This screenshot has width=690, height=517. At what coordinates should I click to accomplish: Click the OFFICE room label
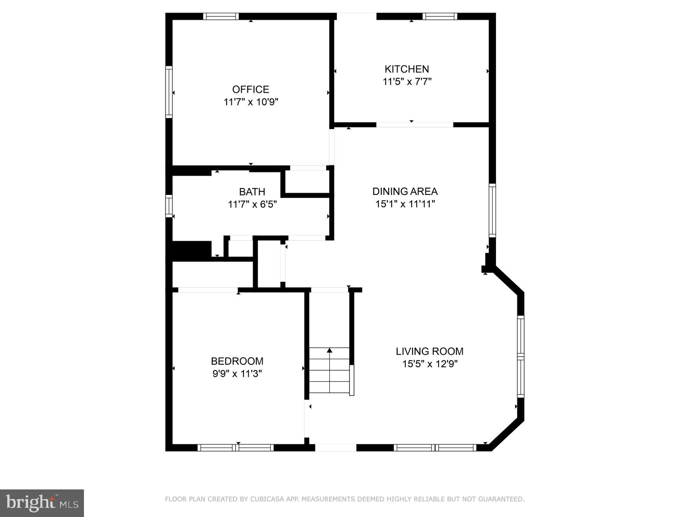tap(250, 89)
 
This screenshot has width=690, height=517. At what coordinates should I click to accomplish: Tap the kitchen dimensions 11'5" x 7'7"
tap(407, 82)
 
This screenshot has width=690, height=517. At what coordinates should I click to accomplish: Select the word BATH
tap(252, 191)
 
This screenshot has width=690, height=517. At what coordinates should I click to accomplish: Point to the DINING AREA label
tap(405, 191)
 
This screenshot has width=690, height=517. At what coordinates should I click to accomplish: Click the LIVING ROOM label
tap(429, 351)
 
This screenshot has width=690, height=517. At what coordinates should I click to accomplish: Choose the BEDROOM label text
tap(237, 361)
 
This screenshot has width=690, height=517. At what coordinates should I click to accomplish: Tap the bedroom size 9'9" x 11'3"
tap(237, 373)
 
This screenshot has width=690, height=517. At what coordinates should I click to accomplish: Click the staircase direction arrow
tap(329, 351)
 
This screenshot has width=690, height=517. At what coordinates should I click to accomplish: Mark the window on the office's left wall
tap(169, 92)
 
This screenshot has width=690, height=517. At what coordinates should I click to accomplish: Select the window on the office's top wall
tap(220, 16)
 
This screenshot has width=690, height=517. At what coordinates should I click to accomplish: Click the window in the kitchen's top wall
tap(440, 16)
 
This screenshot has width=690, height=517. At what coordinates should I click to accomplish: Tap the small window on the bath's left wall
tap(169, 206)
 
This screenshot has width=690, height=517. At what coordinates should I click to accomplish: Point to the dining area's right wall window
tap(492, 210)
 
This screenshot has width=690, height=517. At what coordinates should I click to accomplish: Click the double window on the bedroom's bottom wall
tap(235, 447)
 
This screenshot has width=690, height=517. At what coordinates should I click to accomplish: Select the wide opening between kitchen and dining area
tap(414, 124)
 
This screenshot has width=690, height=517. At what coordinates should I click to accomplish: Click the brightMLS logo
tap(42, 503)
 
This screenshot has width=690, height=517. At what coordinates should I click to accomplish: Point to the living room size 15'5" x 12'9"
tap(430, 364)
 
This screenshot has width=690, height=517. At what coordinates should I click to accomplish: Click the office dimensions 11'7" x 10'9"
tap(251, 102)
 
